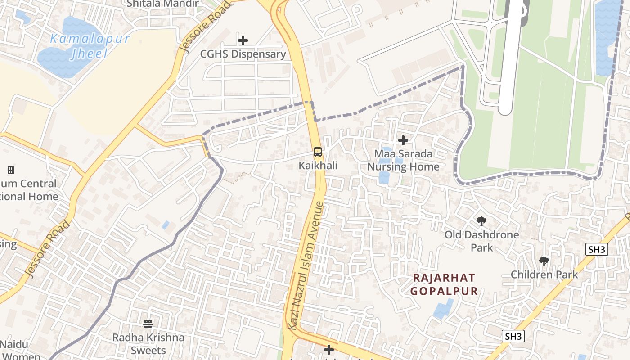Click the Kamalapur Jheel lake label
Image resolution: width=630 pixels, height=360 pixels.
(x=90, y=46)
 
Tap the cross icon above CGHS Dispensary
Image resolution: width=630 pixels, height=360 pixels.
(x=243, y=40)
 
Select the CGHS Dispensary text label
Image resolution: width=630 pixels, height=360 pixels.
(x=243, y=54)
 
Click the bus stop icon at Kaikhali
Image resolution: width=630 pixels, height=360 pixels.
(x=318, y=152)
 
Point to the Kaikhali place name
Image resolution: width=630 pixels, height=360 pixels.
(x=318, y=166)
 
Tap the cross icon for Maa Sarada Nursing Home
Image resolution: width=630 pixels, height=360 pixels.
(x=403, y=140)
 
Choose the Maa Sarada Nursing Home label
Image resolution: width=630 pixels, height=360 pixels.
(x=403, y=160)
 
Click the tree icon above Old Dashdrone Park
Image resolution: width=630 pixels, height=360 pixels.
(x=481, y=221)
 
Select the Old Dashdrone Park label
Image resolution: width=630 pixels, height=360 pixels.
(x=481, y=241)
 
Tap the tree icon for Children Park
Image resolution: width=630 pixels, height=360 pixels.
(x=544, y=261)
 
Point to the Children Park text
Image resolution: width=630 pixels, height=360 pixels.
(x=544, y=274)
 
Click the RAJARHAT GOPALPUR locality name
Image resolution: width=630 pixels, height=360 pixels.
(x=444, y=284)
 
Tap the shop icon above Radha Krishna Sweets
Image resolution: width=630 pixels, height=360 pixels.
(x=148, y=324)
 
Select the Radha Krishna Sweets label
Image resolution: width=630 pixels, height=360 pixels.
(x=148, y=343)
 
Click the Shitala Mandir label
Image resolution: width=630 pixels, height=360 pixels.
(x=162, y=4)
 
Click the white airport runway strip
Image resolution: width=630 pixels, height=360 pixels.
(x=511, y=58)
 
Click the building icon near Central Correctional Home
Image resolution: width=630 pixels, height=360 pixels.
(x=11, y=170)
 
